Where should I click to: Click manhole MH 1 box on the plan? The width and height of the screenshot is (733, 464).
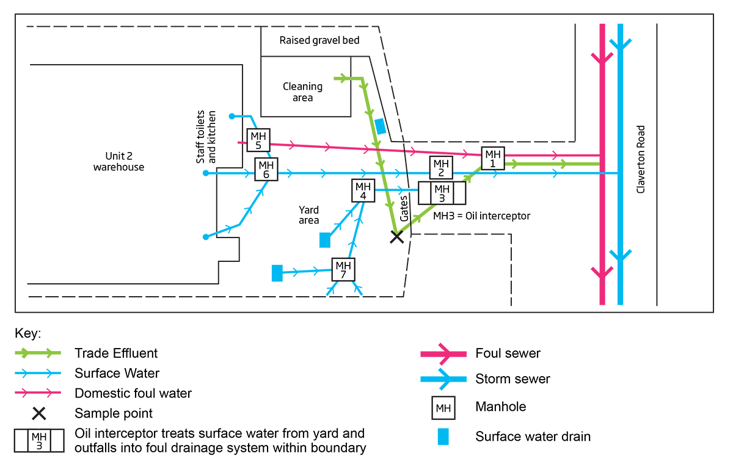[x=492, y=159]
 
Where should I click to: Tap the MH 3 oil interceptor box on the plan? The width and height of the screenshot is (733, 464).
[x=442, y=193]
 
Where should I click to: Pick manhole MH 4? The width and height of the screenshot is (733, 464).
[x=363, y=190]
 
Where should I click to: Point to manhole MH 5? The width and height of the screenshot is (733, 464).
[x=258, y=140]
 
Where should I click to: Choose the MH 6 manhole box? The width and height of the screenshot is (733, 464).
[x=266, y=169]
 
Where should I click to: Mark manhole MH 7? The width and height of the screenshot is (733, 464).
[x=343, y=269]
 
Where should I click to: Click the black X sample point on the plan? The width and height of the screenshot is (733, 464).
[x=397, y=236]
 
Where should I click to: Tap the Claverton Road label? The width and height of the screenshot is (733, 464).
[x=641, y=159]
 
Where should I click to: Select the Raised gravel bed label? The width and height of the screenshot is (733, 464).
[x=319, y=40]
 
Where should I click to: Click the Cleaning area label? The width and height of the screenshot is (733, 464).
[x=302, y=92]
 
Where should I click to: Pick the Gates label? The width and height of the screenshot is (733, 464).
[x=404, y=208]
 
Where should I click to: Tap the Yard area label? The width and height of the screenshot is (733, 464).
[x=309, y=215]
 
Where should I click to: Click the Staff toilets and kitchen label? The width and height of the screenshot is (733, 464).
[x=206, y=136]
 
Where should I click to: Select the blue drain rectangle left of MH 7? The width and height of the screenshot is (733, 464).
[x=277, y=273]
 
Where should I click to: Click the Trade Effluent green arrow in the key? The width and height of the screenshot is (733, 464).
[x=38, y=353]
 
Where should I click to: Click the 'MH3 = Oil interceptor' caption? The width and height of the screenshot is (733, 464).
[x=481, y=216]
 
